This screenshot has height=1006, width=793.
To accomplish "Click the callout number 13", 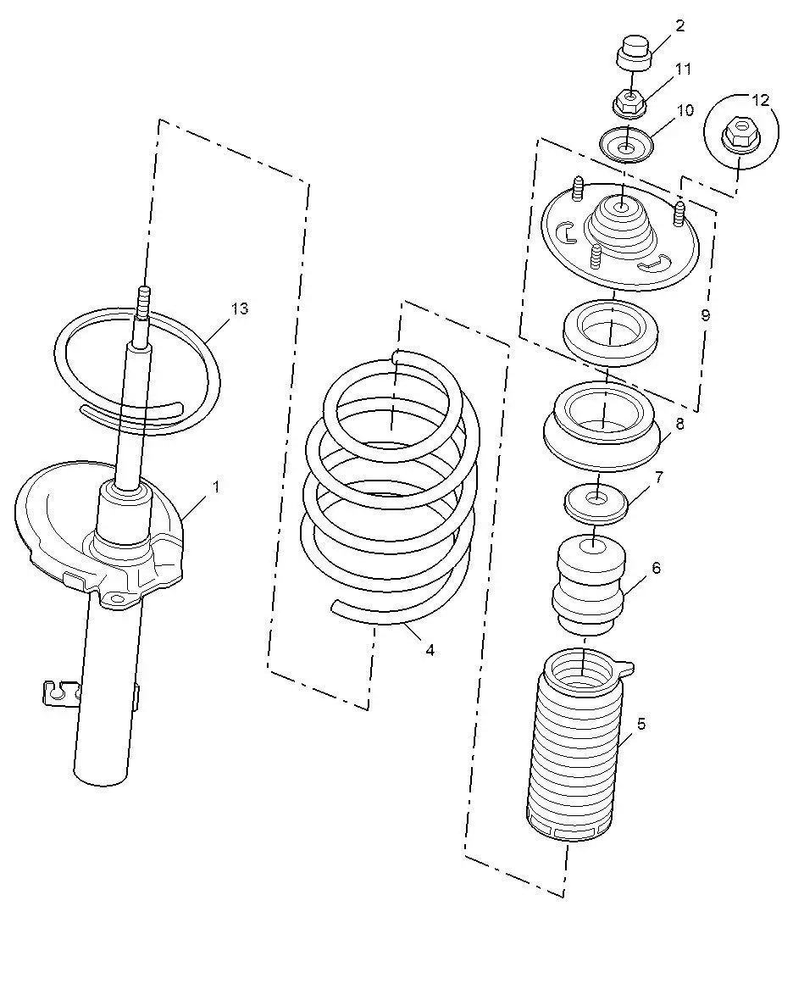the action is click(x=239, y=308).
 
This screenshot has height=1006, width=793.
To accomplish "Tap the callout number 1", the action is click(x=216, y=487).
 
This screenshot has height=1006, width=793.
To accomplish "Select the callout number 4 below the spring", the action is click(x=430, y=650).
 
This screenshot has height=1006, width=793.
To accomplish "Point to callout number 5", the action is click(x=641, y=724).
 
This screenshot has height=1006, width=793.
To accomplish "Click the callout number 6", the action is click(x=656, y=568).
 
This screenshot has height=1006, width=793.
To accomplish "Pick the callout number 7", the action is click(x=659, y=477).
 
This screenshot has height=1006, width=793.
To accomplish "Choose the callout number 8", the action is click(x=679, y=424).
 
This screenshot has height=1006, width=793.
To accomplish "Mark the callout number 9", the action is click(x=705, y=315).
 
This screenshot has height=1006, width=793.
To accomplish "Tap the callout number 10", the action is click(x=685, y=110).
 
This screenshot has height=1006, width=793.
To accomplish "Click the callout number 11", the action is click(x=684, y=69).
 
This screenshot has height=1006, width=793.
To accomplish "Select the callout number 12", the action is click(x=760, y=100).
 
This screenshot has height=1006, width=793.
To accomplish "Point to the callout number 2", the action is click(x=679, y=25).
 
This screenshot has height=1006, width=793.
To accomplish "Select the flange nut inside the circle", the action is click(x=739, y=133).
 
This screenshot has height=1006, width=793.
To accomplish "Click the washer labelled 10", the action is click(x=625, y=147).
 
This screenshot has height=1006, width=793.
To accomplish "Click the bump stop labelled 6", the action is click(x=588, y=585).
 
